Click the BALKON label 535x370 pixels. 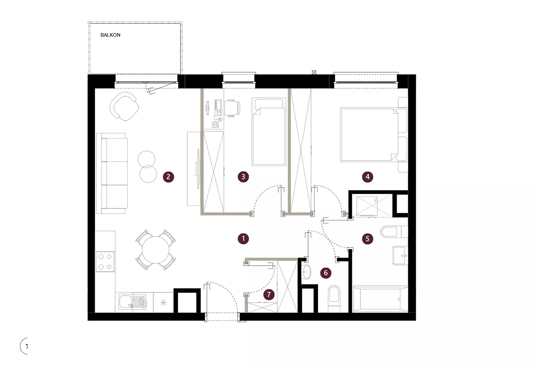[x=110, y=35]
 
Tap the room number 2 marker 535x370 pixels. [x=169, y=177]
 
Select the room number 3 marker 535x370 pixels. [x=243, y=177]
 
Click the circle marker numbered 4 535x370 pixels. [x=367, y=177]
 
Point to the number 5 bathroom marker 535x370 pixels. [x=367, y=239]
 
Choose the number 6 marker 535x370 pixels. [x=326, y=273]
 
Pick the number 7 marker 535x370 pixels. [x=269, y=294]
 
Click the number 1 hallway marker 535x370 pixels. [x=243, y=239]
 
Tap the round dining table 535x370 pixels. [x=156, y=250]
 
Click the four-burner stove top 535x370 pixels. [x=105, y=262]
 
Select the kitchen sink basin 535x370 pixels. [x=126, y=302]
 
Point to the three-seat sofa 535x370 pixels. [x=112, y=173]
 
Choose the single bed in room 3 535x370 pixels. [x=269, y=131]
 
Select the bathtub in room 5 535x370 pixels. [x=381, y=299]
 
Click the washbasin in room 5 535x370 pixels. [x=400, y=255]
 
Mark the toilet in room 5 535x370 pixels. [x=394, y=231]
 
